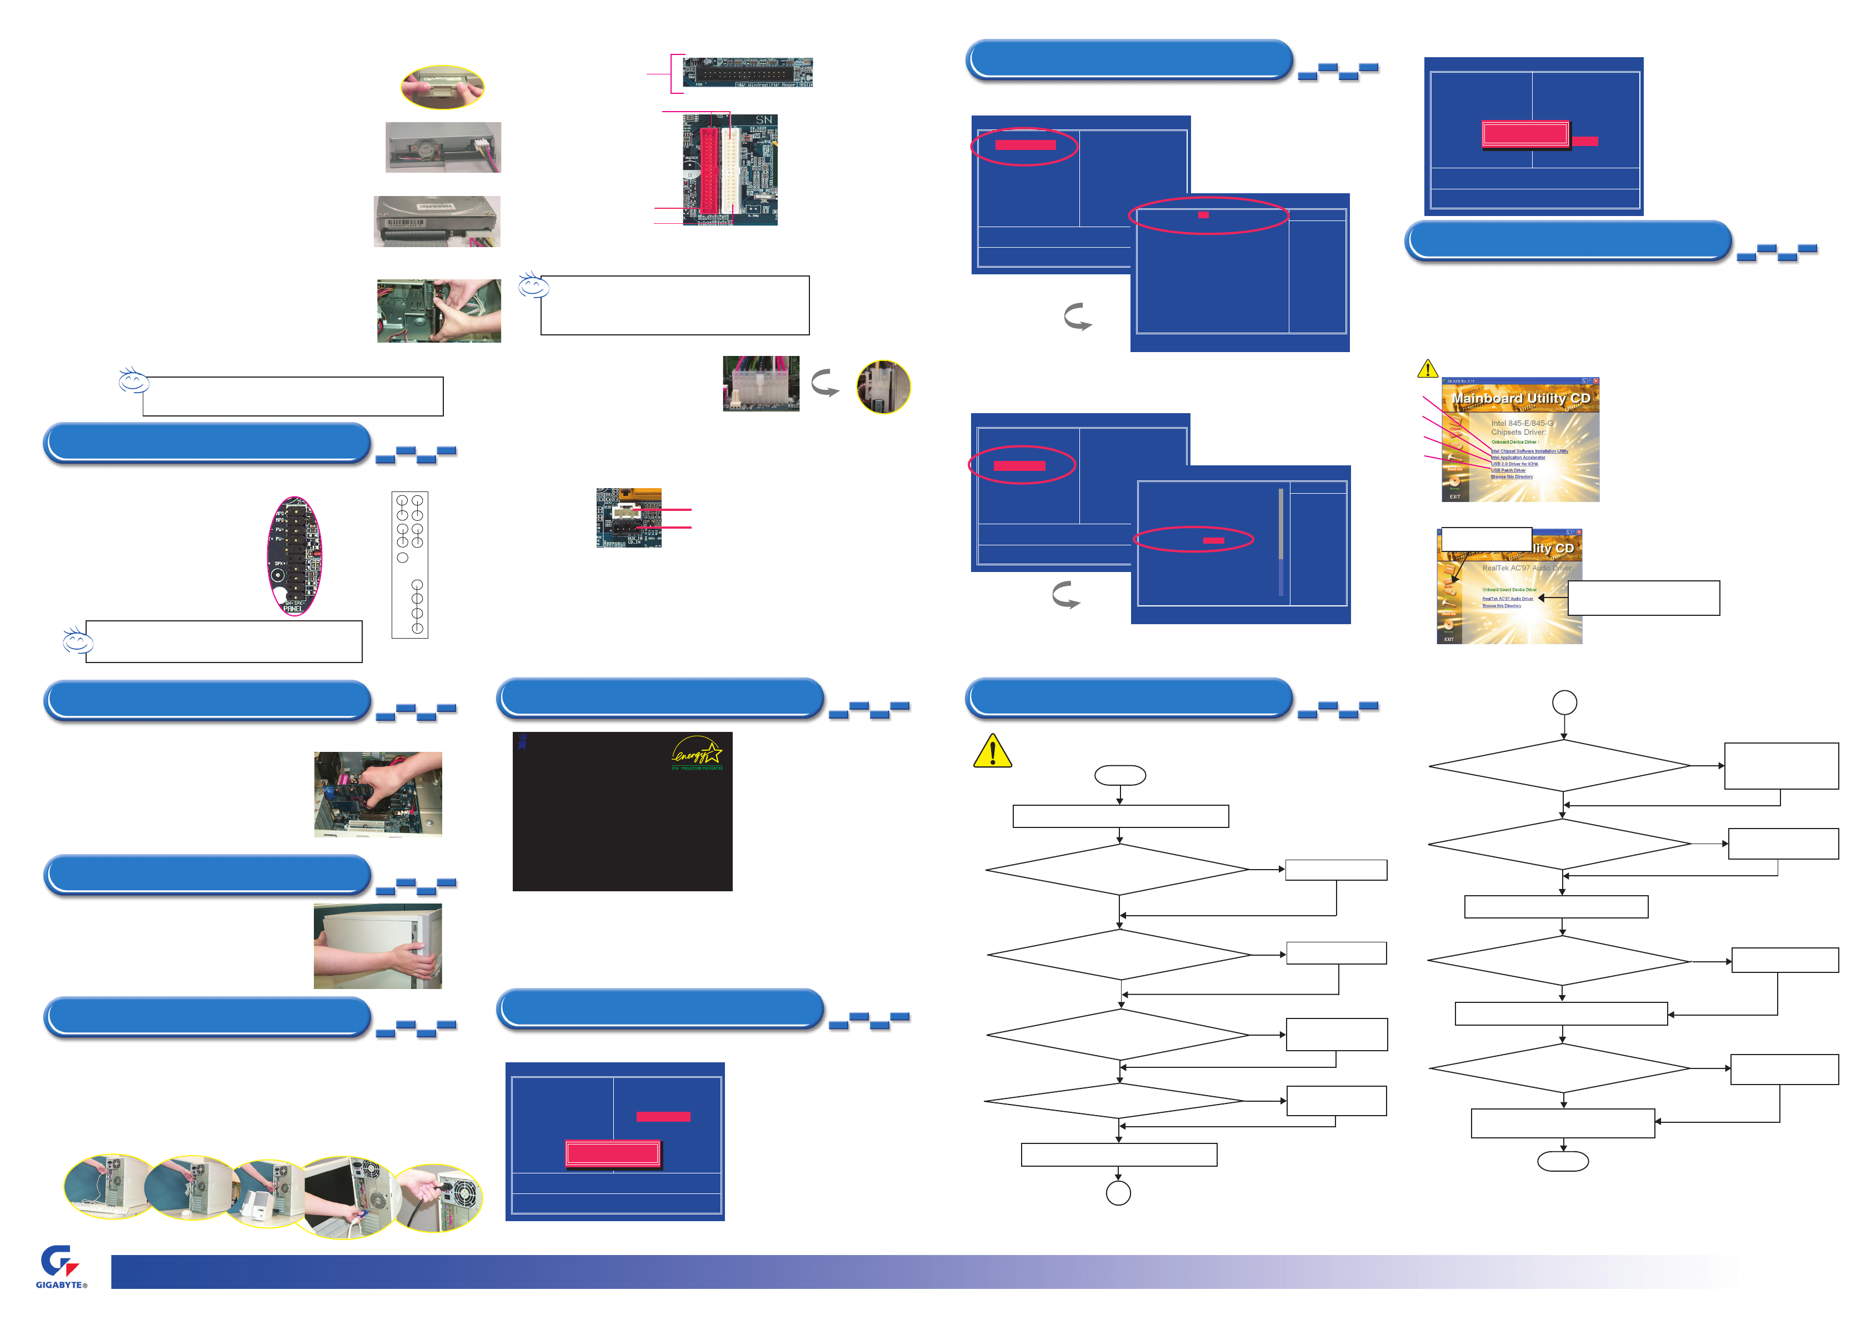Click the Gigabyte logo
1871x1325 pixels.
pyautogui.click(x=59, y=1266)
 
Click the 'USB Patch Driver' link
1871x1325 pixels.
pyautogui.click(x=1508, y=471)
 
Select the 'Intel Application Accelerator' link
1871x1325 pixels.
pyautogui.click(x=1518, y=458)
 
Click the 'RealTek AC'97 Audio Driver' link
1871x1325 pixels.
pyautogui.click(x=1507, y=599)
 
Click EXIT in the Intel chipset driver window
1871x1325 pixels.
pyautogui.click(x=1454, y=496)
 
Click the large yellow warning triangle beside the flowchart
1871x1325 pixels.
pyautogui.click(x=992, y=751)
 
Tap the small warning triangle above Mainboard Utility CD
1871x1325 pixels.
pyautogui.click(x=1427, y=370)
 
